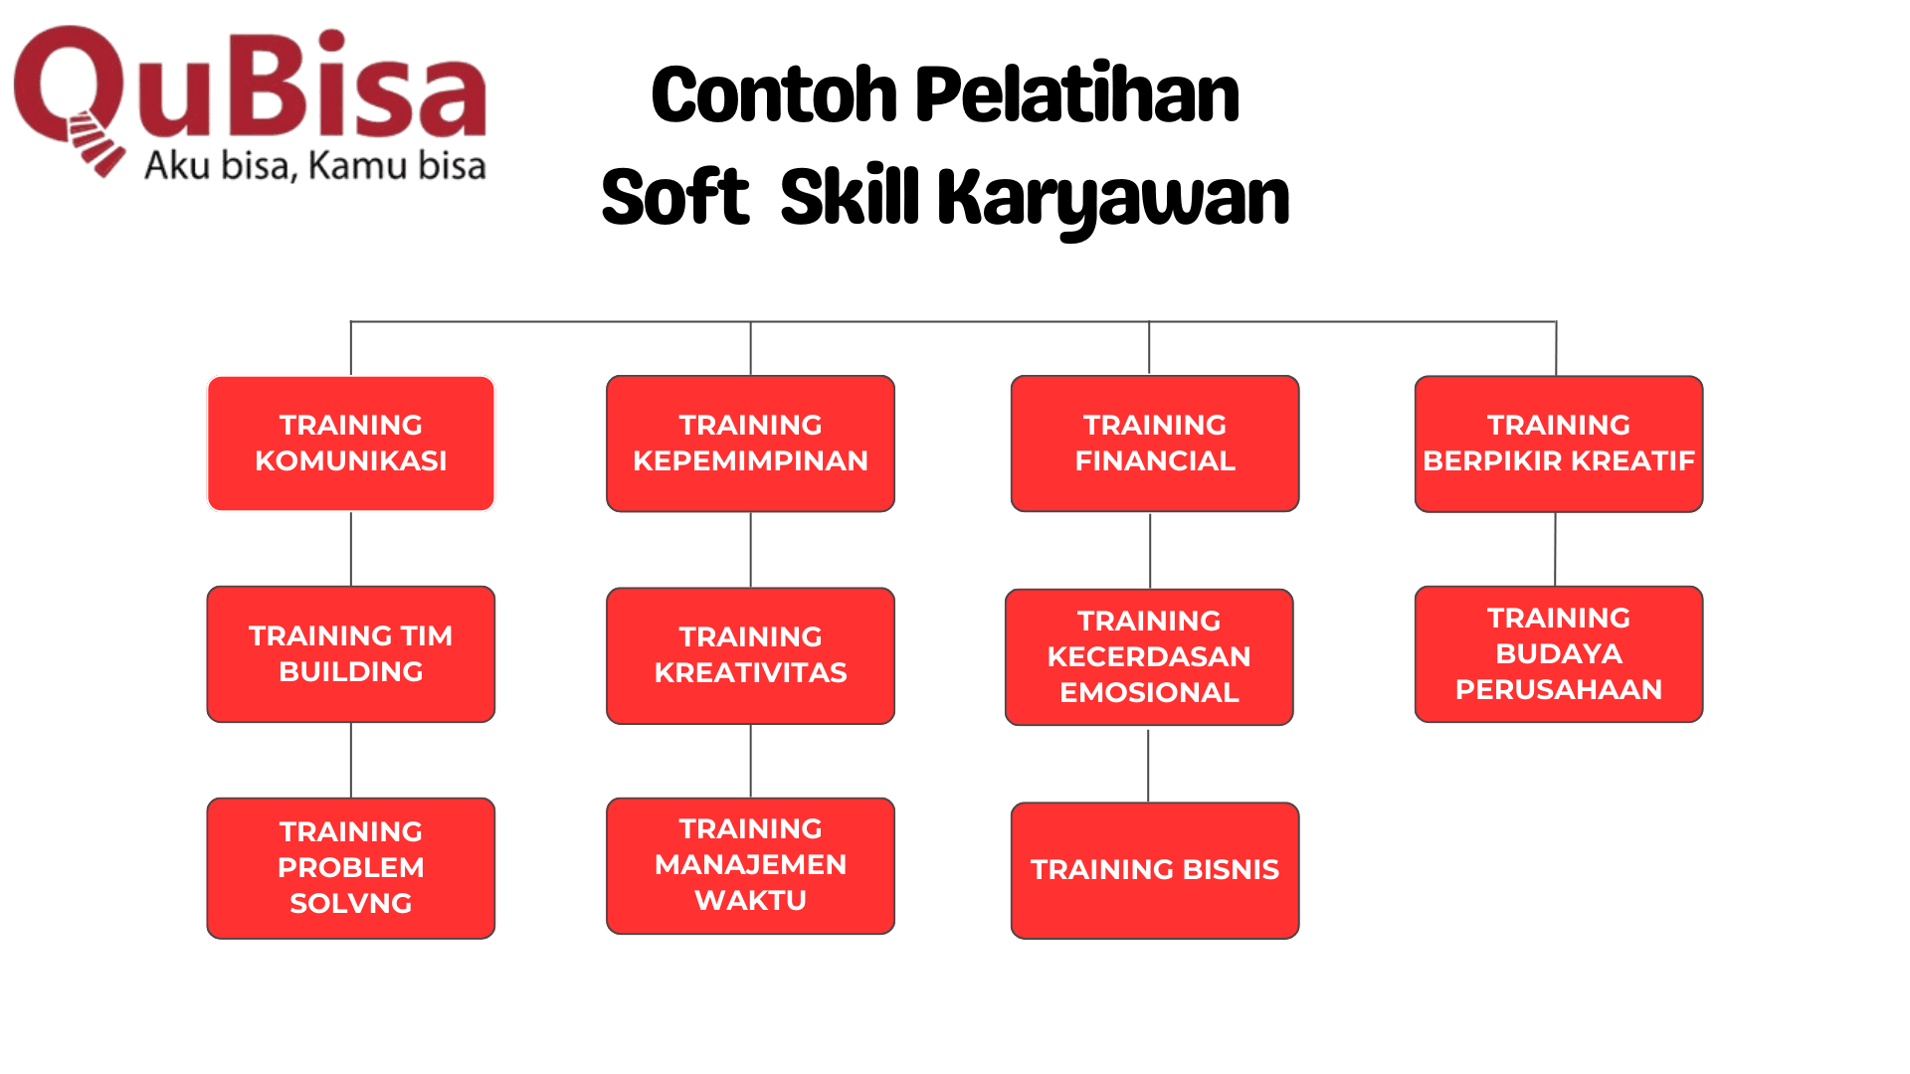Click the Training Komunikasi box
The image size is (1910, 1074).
[351, 444]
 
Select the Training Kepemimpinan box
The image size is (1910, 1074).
[751, 444]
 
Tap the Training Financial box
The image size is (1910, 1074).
[1155, 444]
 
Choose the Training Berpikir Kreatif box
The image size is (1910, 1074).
[1559, 444]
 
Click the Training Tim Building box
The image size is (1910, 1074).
[351, 654]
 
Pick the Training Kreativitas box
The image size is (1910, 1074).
[751, 655]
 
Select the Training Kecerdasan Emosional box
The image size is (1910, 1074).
[1149, 657]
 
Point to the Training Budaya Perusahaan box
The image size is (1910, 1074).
[1559, 654]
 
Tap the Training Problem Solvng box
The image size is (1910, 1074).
[351, 868]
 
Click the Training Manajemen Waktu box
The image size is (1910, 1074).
[751, 865]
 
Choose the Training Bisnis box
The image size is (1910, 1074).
[1155, 870]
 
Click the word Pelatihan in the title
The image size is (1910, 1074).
[1077, 94]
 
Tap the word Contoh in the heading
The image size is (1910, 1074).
[775, 95]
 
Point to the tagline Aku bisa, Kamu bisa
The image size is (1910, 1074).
[315, 165]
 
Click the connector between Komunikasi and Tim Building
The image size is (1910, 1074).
[351, 549]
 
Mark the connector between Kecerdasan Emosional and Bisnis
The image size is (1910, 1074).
[1149, 766]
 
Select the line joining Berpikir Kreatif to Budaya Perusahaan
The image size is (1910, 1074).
[1556, 549]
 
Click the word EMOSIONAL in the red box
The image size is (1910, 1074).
[1149, 692]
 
